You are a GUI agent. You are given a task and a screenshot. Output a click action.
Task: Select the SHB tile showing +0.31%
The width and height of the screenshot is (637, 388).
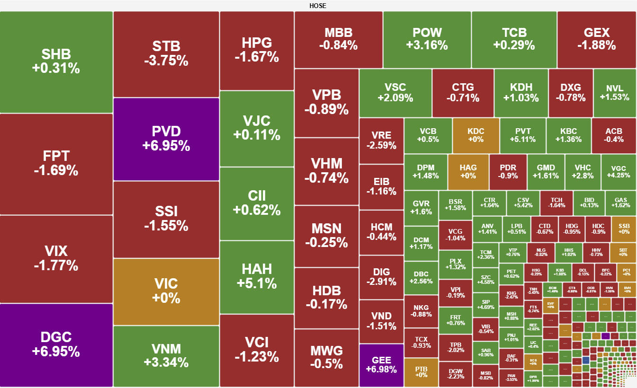point(56,62)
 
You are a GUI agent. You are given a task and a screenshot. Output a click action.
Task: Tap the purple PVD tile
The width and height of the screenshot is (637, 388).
point(166,139)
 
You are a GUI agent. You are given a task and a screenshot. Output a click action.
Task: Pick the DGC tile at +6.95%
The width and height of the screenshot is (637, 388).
point(56,344)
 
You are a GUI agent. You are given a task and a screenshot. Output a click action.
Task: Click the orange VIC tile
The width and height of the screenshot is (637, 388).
point(166,291)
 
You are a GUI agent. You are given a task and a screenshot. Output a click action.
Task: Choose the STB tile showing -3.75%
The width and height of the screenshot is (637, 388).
point(166,54)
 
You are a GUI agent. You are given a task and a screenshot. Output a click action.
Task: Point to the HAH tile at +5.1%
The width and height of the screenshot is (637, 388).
point(257,277)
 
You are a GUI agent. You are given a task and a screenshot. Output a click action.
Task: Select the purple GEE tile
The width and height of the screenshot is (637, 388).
point(381,365)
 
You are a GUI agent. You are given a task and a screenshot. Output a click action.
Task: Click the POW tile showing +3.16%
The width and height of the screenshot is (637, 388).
point(427,39)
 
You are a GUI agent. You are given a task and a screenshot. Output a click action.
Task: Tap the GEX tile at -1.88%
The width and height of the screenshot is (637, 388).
point(596,39)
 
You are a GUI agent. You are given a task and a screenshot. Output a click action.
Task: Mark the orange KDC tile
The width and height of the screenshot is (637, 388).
point(476,135)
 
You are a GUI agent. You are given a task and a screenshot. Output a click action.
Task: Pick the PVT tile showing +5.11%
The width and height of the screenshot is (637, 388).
point(523,135)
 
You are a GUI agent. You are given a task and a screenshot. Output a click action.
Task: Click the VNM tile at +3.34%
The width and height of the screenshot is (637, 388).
point(166,356)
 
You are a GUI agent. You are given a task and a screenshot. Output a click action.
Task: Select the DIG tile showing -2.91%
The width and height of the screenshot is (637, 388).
point(381,277)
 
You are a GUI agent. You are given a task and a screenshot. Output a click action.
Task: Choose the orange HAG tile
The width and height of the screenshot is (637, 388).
point(468,172)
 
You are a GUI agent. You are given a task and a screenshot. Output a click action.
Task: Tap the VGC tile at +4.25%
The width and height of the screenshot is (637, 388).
point(618,172)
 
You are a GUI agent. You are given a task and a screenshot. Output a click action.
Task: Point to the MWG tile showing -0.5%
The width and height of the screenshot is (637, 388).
point(326,357)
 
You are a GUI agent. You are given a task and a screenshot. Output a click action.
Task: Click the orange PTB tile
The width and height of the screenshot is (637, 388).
point(421,372)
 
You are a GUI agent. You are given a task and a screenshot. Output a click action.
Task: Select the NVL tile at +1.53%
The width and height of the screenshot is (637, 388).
point(614,93)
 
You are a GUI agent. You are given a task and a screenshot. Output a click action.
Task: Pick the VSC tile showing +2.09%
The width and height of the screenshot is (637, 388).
point(395,93)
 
